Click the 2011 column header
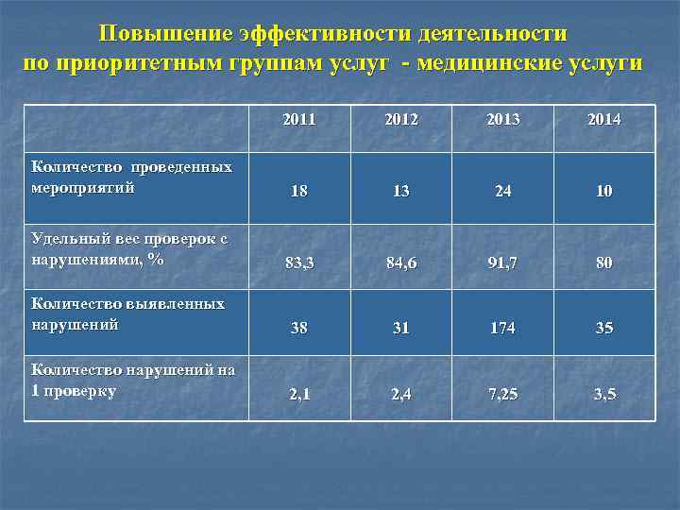tap(299, 120)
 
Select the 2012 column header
tap(400, 120)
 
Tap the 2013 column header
tap(502, 120)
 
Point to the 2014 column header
tap(604, 120)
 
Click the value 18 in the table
tap(299, 191)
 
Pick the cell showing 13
tap(400, 191)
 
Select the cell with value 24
tap(502, 191)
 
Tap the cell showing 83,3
tap(299, 263)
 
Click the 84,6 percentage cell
tap(400, 263)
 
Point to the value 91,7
tap(502, 263)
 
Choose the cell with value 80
tap(604, 263)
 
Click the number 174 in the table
tap(502, 329)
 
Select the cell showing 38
tap(299, 329)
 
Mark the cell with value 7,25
tap(502, 394)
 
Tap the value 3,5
tap(604, 394)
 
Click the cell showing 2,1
tap(299, 394)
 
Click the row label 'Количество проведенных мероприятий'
tap(131, 177)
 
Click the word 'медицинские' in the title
tap(483, 63)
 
